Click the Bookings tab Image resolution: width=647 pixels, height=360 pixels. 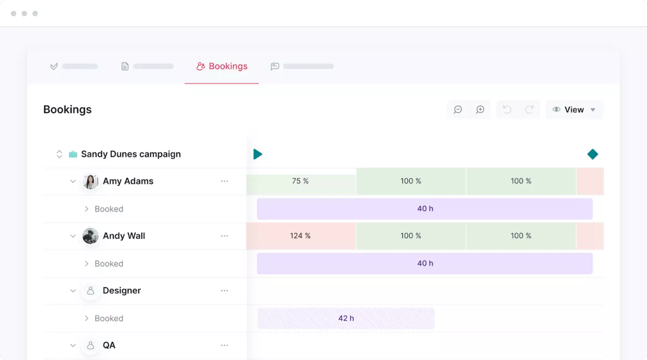click(x=222, y=66)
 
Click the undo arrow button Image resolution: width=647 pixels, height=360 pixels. click(x=507, y=109)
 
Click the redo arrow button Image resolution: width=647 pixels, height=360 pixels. click(x=529, y=109)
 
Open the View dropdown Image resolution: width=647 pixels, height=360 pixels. click(x=574, y=109)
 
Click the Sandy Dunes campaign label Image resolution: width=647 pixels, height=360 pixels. click(x=130, y=154)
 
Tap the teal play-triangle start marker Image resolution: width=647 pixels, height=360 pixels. click(x=258, y=154)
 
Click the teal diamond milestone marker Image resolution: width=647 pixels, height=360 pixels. click(x=593, y=154)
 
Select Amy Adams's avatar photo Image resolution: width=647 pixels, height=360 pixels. click(x=90, y=182)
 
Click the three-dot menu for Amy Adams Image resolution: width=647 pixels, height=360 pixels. click(x=224, y=182)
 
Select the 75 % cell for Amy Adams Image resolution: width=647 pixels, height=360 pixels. click(x=300, y=182)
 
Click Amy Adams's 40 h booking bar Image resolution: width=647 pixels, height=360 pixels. click(x=425, y=209)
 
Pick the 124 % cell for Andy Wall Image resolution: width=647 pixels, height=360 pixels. click(x=300, y=236)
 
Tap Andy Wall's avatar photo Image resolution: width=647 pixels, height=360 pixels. click(x=90, y=236)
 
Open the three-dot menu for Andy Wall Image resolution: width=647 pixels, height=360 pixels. click(x=224, y=236)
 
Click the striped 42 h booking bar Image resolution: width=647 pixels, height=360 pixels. click(x=346, y=319)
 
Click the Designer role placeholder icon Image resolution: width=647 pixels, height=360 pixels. click(x=90, y=291)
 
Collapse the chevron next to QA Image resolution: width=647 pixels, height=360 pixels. click(x=73, y=345)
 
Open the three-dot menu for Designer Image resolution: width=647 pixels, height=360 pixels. click(x=224, y=291)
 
